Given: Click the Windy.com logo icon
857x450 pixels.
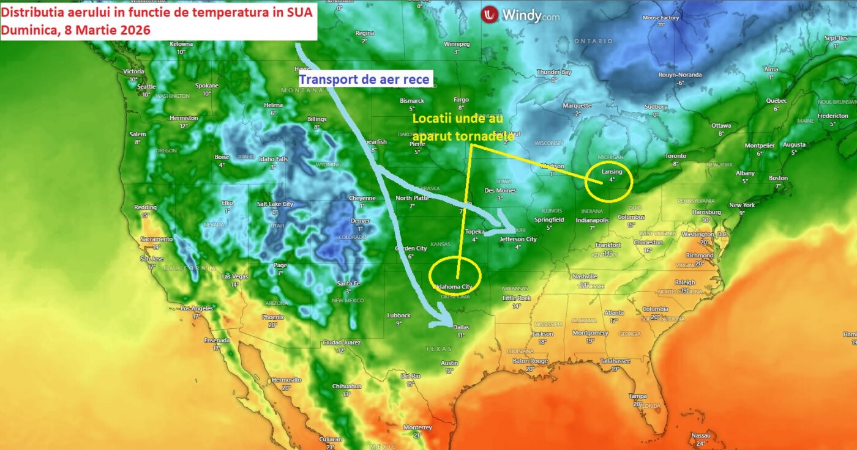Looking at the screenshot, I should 490,15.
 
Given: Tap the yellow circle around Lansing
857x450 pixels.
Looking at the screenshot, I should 608,182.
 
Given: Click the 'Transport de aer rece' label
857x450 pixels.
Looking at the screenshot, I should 365,79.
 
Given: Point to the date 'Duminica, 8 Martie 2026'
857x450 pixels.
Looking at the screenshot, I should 77,30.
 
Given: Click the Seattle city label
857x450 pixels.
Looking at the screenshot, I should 146,87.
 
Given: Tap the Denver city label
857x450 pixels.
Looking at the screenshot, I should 361,221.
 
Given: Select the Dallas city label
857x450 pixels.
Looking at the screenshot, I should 461,328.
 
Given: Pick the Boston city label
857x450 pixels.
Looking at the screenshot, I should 778,178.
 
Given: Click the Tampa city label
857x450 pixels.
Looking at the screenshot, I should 637,396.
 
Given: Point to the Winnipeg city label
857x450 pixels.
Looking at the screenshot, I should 457,44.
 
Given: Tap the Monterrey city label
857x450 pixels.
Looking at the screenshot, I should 417,427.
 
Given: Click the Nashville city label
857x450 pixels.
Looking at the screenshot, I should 585,276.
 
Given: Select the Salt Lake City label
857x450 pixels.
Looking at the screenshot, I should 275,204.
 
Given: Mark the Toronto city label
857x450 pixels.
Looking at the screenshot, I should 676,156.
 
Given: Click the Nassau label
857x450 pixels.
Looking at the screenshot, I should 701,435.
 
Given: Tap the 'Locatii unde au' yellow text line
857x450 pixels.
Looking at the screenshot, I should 458,119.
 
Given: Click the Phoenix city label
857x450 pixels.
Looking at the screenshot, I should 272,317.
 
